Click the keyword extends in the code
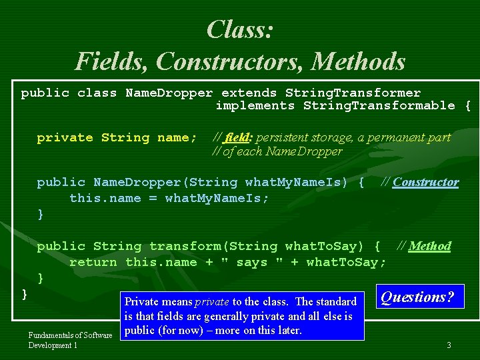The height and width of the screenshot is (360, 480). pos(249,93)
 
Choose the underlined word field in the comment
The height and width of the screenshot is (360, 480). pos(238,138)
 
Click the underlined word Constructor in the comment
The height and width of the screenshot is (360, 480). pos(425,182)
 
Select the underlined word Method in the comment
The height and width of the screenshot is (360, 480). pos(430,246)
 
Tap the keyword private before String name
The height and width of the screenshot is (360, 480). pos(65,138)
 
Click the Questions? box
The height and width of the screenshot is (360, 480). pos(421,297)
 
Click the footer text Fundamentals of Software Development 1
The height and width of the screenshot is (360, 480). pos(70,340)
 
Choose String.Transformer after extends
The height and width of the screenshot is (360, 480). pos(353,93)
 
